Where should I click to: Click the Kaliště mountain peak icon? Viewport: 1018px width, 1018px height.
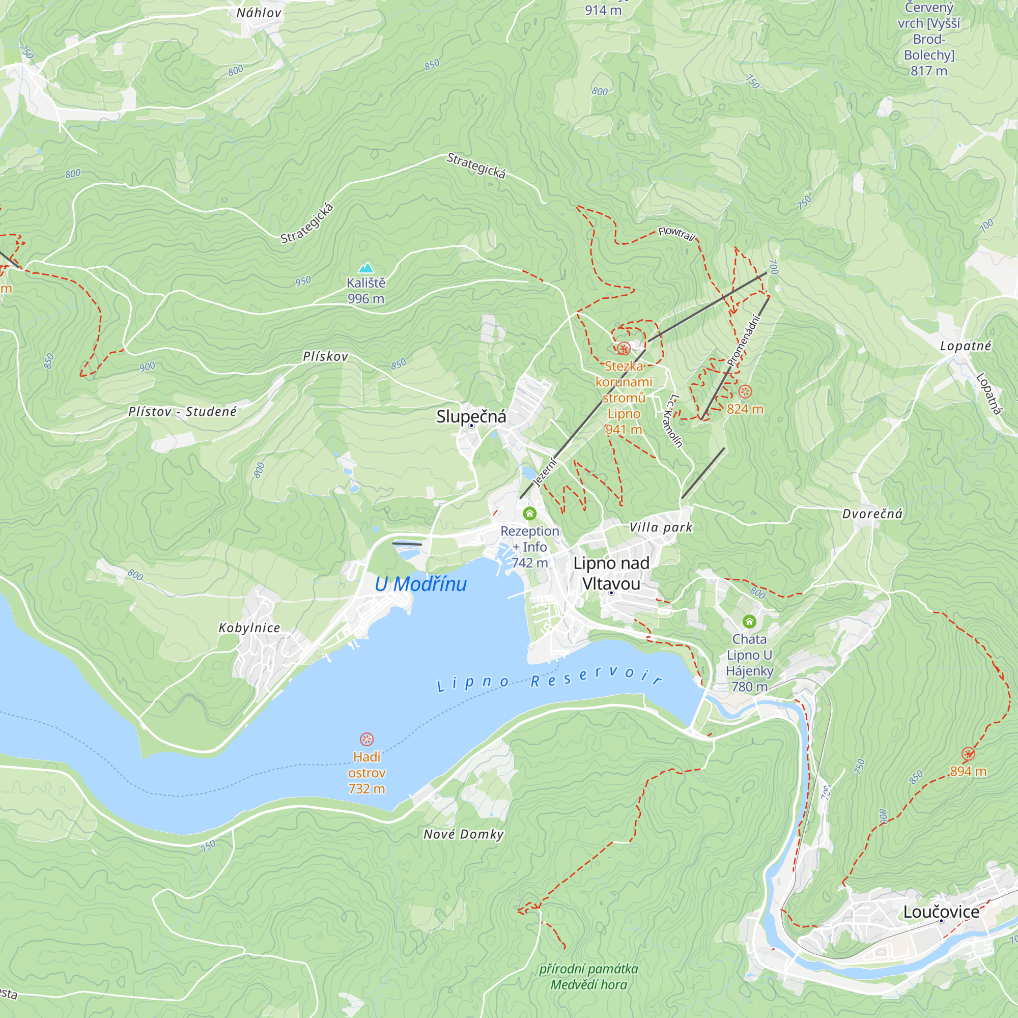pos(365,268)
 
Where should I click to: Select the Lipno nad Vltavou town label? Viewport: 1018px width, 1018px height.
pos(611,573)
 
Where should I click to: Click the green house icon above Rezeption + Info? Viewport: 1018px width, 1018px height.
pos(529,513)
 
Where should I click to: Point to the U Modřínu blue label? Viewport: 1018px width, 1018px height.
pos(420,584)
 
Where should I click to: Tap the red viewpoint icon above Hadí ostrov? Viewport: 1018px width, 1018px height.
pos(366,739)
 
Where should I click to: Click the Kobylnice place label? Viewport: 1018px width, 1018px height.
pos(249,628)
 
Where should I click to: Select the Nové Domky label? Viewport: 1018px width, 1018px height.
pos(463,834)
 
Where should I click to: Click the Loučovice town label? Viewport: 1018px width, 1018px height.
pos(941,912)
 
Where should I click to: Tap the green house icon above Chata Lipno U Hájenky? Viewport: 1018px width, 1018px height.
pos(749,621)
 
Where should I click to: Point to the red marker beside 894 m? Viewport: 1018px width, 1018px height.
pos(968,754)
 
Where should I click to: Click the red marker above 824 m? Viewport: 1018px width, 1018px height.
pos(745,391)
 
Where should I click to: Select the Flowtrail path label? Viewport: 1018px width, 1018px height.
pos(676,234)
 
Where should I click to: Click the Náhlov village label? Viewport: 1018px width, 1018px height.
pos(259,13)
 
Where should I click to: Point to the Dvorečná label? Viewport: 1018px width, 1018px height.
pos(872,514)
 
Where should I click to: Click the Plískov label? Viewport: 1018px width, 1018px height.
pos(325,357)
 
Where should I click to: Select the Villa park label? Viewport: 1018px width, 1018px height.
pos(661,527)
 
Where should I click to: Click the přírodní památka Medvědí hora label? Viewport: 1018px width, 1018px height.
pos(588,976)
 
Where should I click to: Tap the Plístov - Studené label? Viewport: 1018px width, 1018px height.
pos(182,411)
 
